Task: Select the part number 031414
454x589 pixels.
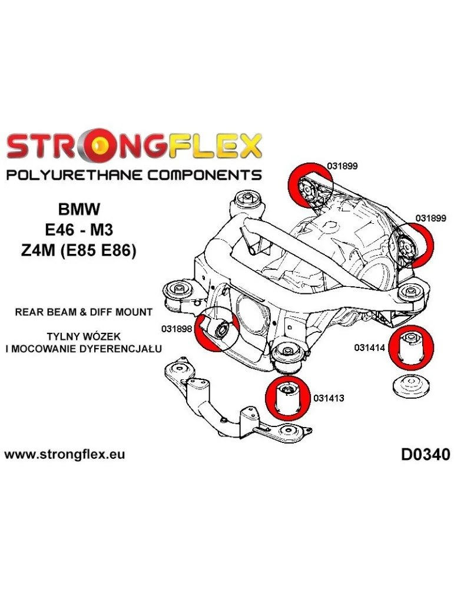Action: pos(369,348)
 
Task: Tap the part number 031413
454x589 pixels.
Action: pos(329,398)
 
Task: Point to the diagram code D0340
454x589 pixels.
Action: pos(425,455)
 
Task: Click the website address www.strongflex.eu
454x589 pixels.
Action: pos(64,455)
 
